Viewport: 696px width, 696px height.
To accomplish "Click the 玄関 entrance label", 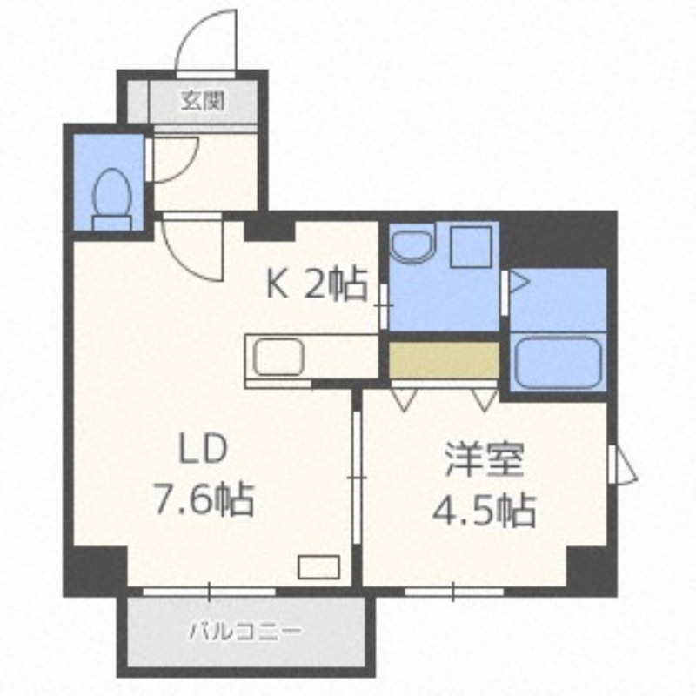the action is tap(203, 101).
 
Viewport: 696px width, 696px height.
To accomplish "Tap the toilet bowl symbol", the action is tap(112, 199).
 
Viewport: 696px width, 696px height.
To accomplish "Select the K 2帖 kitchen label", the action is tap(317, 284).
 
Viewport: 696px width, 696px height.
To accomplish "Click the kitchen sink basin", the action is tap(278, 357).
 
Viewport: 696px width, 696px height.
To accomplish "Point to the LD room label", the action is tap(203, 448).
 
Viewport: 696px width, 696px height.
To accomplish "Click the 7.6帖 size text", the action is tap(204, 499).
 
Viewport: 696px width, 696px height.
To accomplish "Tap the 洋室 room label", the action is tap(485, 459).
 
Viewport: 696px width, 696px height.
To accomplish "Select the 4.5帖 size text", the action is tap(485, 510).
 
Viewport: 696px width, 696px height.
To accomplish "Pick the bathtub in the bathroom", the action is tap(559, 362).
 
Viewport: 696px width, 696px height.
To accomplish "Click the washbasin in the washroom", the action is tap(412, 244).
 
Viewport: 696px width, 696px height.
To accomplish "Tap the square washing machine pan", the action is tap(471, 247).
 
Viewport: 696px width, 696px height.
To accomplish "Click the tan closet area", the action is tap(445, 360).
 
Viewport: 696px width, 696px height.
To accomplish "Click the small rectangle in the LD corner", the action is tap(319, 567).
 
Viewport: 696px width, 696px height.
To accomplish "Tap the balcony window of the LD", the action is tap(209, 592).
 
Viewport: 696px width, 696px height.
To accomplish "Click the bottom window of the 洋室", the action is tap(453, 592).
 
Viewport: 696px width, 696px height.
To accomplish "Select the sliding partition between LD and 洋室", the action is tap(357, 477).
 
